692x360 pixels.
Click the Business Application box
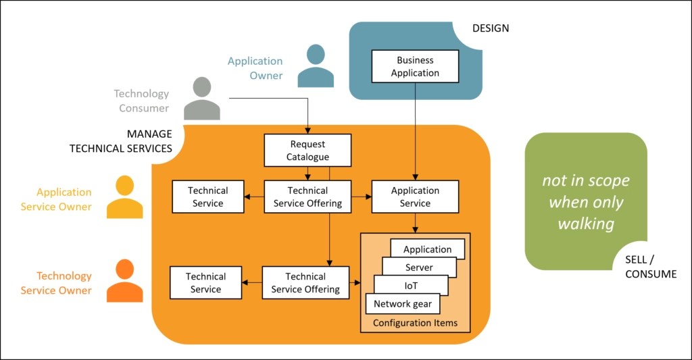click(415, 67)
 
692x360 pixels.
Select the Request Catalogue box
click(307, 151)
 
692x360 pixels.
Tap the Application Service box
click(415, 197)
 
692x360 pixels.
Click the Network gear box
click(402, 304)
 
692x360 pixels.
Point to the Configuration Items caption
click(415, 323)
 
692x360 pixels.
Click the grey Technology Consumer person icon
click(202, 99)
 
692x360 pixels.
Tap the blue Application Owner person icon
click(316, 66)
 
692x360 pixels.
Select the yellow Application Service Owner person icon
click(125, 197)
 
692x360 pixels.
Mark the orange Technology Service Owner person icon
click(125, 281)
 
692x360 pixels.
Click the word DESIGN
click(490, 28)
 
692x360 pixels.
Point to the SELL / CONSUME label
click(650, 267)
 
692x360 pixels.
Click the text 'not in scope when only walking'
click(586, 202)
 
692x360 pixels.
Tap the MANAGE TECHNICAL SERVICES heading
click(121, 141)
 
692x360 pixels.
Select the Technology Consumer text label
click(141, 101)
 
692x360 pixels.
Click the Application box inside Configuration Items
click(427, 249)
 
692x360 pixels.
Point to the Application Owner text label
click(255, 68)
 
